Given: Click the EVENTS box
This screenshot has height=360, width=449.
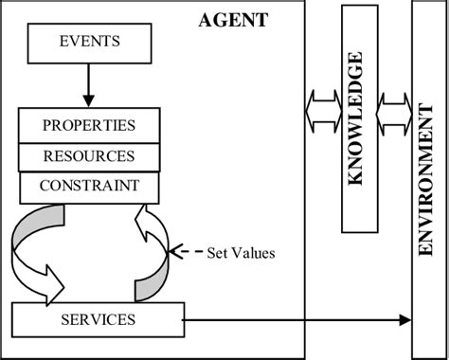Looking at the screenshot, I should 89,43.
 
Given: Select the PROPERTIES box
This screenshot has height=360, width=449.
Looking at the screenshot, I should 89,125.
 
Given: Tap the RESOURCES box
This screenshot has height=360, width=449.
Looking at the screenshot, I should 89,156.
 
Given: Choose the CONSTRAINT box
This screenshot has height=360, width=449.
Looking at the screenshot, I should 89,187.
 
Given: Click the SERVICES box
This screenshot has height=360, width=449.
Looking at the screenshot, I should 98,320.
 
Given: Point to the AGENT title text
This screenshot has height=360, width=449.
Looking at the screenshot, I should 233,20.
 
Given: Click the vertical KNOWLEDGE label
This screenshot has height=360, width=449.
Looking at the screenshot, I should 356,119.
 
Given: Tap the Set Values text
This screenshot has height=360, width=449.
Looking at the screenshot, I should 241,253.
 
